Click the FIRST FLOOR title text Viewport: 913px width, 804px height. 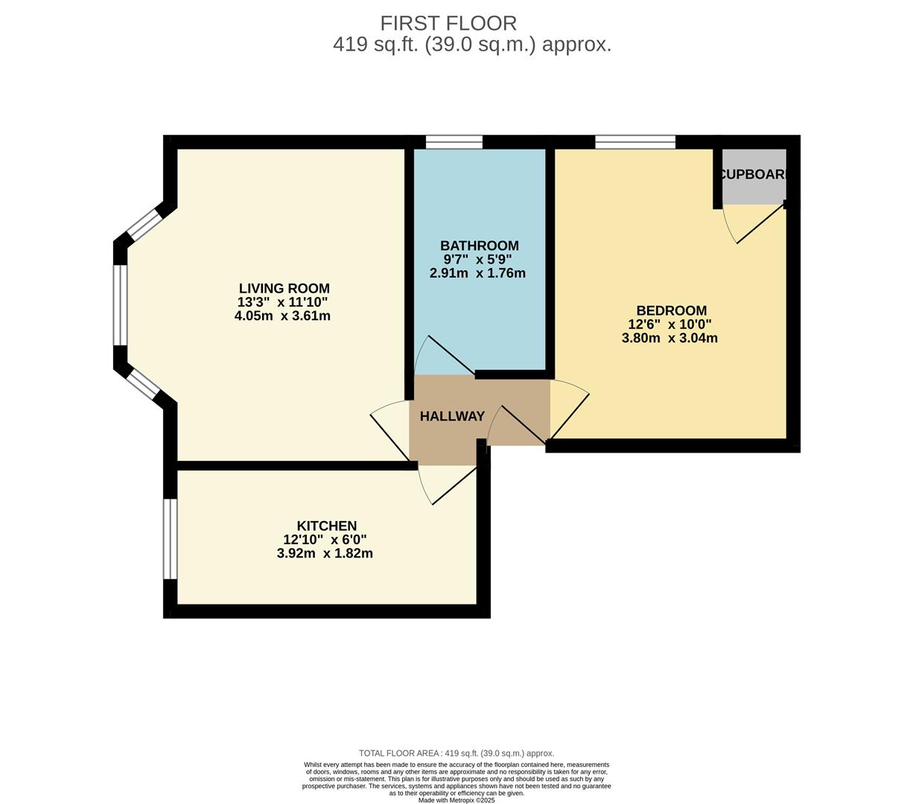448,23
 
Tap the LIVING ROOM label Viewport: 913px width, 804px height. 284,288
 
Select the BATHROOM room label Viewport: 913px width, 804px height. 479,246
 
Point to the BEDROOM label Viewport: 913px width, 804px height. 671,310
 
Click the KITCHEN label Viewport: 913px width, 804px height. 326,526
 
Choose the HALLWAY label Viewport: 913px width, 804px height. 452,416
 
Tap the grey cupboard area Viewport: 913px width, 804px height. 754,177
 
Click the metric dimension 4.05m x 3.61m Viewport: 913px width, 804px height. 282,316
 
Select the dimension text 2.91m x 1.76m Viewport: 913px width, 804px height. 477,273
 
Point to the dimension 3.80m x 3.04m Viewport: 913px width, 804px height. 669,338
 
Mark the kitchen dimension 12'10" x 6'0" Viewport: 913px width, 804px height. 325,540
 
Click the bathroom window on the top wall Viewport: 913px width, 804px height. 454,141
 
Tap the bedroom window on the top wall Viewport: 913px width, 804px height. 635,141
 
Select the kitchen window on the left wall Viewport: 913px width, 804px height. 171,538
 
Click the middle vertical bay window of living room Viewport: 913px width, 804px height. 120,304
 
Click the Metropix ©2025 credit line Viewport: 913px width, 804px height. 456,800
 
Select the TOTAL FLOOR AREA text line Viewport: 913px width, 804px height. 456,753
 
